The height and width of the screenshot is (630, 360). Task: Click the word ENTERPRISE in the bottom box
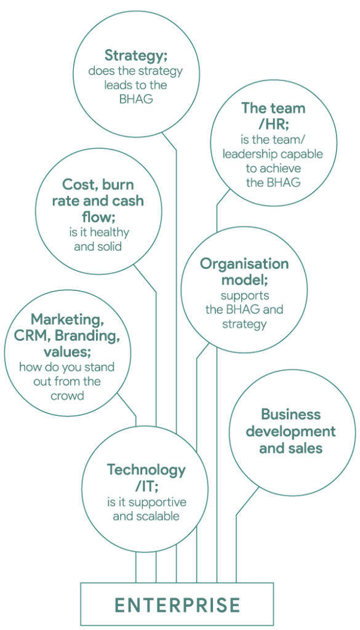[x=177, y=605]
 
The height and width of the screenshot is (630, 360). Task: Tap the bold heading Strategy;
[x=136, y=55]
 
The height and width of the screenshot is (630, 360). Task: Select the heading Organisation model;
[x=244, y=272]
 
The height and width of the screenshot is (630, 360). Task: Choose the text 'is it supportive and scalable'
[x=146, y=509]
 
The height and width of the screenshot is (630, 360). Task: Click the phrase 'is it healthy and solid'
[x=98, y=239]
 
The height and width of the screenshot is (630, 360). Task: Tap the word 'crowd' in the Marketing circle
[x=68, y=396]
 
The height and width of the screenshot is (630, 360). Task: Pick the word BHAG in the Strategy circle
[x=136, y=99]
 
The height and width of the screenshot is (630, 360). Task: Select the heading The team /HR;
[x=273, y=116]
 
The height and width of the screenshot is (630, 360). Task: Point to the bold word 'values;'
[x=67, y=353]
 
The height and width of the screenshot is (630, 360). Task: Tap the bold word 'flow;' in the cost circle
[x=98, y=217]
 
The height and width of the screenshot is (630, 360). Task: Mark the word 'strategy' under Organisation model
[x=244, y=324]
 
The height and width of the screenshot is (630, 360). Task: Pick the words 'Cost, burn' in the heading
[x=98, y=185]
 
